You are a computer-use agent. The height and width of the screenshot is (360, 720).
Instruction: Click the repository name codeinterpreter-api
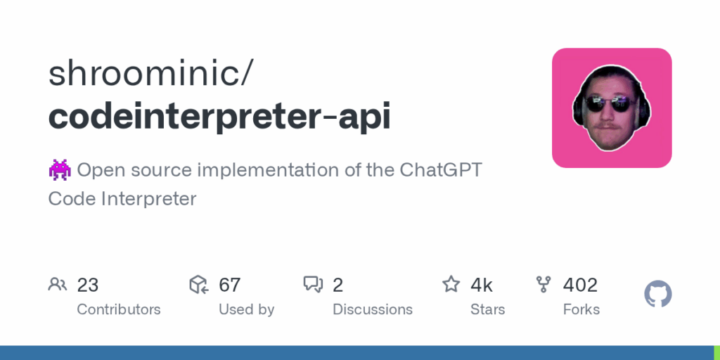pyautogui.click(x=219, y=117)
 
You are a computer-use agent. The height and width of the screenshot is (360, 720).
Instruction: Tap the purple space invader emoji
pyautogui.click(x=60, y=170)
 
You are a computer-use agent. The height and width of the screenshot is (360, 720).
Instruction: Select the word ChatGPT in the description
pyautogui.click(x=441, y=170)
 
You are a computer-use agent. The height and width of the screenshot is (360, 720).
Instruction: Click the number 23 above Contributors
pyautogui.click(x=88, y=285)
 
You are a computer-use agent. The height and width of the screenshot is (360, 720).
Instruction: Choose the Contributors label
pyautogui.click(x=118, y=309)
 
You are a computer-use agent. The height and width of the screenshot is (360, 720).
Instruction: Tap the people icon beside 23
pyautogui.click(x=58, y=285)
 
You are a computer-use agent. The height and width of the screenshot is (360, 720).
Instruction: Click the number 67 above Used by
pyautogui.click(x=230, y=285)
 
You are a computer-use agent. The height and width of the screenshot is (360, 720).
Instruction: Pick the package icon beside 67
pyautogui.click(x=199, y=285)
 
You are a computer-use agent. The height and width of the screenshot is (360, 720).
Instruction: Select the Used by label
pyautogui.click(x=247, y=309)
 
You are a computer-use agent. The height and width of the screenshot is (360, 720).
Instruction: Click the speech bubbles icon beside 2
pyautogui.click(x=313, y=285)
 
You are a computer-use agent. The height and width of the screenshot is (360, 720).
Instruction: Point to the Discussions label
pyautogui.click(x=373, y=309)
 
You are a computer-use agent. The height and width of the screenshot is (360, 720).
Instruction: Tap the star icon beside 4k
pyautogui.click(x=451, y=284)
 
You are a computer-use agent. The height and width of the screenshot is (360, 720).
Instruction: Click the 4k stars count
pyautogui.click(x=481, y=285)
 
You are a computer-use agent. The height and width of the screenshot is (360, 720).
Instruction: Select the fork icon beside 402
pyautogui.click(x=544, y=285)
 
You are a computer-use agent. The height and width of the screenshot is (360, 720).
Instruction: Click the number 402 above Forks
pyautogui.click(x=580, y=285)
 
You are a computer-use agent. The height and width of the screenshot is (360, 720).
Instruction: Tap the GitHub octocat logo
pyautogui.click(x=658, y=295)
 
